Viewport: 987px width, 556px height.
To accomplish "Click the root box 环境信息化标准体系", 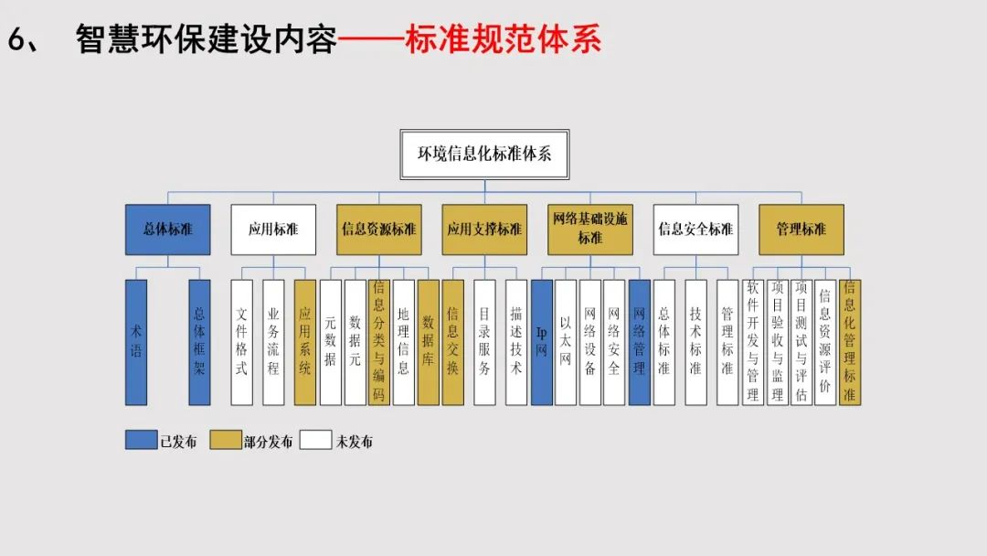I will [484, 154].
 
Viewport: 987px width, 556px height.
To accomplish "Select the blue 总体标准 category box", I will [168, 230].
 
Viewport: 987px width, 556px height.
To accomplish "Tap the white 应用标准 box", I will [273, 230].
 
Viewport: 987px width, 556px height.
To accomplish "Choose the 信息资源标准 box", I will [378, 230].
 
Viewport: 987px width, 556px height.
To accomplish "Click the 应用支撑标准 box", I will [484, 230].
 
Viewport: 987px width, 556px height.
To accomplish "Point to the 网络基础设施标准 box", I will [589, 230].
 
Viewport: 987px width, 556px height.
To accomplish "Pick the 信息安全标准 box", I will [695, 230].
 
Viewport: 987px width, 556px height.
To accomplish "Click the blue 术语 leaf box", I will [136, 342].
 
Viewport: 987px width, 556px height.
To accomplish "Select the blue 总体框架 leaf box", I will [199, 342].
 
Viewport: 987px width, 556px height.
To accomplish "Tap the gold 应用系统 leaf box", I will [305, 342].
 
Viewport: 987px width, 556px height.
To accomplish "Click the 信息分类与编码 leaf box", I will [378, 342].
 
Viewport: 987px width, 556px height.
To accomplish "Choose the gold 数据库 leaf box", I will [428, 342].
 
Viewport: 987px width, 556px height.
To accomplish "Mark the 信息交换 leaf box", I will [452, 342].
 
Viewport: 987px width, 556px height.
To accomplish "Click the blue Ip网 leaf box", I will [541, 342].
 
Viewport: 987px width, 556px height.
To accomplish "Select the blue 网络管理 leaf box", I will [639, 342].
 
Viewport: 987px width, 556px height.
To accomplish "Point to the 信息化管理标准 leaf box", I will [850, 342].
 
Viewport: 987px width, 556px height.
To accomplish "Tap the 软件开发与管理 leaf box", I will [752, 342].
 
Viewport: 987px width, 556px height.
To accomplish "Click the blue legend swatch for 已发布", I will [142, 441].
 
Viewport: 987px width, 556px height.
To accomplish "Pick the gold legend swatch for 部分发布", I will [225, 441].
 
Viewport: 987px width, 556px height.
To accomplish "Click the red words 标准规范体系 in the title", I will [503, 40].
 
